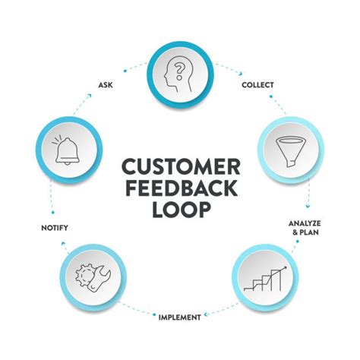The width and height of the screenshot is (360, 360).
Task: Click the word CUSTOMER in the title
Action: click(181, 166)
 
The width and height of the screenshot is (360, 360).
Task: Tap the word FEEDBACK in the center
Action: click(182, 188)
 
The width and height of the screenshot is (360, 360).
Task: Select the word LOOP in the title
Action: click(182, 210)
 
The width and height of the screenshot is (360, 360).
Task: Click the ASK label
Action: click(106, 85)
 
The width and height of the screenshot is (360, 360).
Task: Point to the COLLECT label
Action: click(257, 85)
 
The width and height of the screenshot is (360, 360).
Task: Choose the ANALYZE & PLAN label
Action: click(305, 228)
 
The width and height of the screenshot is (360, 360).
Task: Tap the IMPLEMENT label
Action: click(180, 317)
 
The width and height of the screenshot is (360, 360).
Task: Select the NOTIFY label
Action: click(55, 228)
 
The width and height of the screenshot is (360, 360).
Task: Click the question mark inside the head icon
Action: click(179, 71)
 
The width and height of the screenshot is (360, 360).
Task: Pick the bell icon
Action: click(67, 151)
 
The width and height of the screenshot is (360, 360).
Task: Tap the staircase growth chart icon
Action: click(265, 279)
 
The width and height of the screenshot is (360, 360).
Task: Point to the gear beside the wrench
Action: click(84, 276)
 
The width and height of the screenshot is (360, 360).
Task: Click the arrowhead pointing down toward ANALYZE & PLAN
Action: click(308, 206)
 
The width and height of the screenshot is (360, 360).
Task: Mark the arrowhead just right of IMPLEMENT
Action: click(206, 314)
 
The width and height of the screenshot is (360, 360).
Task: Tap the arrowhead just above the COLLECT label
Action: click(241, 74)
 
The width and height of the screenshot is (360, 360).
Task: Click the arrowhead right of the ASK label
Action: click(89, 96)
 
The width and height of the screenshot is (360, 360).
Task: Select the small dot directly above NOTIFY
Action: click(53, 212)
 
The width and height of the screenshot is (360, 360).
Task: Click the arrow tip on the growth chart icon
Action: click(286, 267)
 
